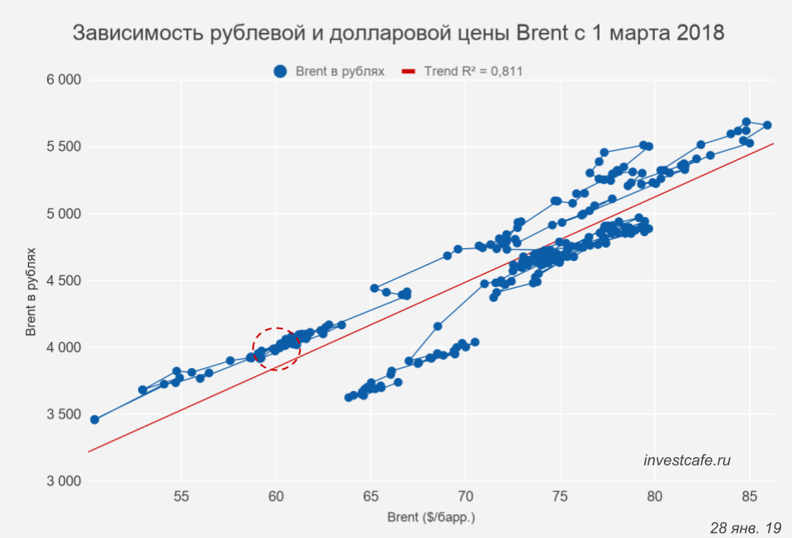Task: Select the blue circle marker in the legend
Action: (281, 71)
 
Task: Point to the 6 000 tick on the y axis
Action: (62, 80)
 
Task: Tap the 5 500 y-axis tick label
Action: (62, 147)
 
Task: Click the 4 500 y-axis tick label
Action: (62, 281)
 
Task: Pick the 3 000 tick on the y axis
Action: (62, 481)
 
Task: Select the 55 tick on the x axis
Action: (182, 497)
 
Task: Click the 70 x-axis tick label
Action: (466, 497)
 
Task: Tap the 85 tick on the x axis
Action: (749, 497)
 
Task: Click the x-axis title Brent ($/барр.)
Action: (431, 518)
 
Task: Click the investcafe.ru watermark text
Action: (687, 460)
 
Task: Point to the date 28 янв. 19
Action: (745, 526)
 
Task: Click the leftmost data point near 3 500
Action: (94, 419)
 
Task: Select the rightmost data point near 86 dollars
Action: (767, 125)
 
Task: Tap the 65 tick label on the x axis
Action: (371, 497)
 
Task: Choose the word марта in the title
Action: (634, 34)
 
